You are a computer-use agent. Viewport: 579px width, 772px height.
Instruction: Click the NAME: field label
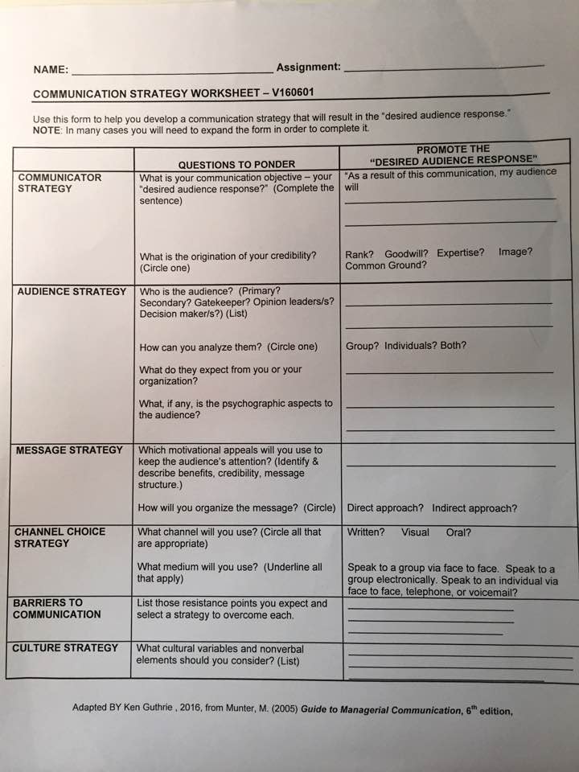(51, 70)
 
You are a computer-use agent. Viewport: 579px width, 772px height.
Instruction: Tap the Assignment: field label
(308, 68)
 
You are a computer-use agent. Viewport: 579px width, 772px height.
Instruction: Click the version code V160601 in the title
(293, 92)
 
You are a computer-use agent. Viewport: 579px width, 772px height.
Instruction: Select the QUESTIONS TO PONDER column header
(236, 164)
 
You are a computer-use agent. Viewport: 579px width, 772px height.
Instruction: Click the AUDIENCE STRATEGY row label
(72, 291)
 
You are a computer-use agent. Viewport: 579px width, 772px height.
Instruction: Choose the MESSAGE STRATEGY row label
(69, 450)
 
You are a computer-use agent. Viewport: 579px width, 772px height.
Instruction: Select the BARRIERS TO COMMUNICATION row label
(57, 608)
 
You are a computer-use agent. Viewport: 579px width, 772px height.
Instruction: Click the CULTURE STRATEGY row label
(65, 647)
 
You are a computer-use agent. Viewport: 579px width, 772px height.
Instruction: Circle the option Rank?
(359, 253)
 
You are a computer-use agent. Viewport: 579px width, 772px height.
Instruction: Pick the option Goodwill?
(407, 253)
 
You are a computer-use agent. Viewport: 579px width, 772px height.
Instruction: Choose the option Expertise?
(461, 253)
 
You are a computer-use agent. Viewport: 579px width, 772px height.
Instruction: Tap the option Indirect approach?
(474, 508)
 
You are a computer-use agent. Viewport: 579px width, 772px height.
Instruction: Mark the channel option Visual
(415, 532)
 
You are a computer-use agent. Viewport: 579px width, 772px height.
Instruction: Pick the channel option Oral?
(458, 532)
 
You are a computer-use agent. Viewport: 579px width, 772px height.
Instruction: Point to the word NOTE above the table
(47, 129)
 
